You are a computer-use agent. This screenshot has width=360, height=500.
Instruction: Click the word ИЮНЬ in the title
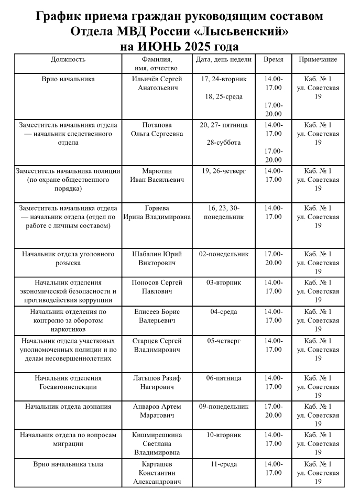[x=163, y=46]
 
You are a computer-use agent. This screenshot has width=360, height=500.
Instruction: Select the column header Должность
[x=68, y=60]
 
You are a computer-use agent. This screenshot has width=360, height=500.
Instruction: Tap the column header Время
[x=273, y=60]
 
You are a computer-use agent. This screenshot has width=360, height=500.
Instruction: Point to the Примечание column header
[x=318, y=60]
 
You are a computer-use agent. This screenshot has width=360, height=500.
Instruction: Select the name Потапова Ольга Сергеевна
[x=157, y=129]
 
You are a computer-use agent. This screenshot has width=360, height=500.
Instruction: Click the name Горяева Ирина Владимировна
[x=157, y=212]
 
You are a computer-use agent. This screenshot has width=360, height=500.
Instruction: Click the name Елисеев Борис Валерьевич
[x=157, y=316]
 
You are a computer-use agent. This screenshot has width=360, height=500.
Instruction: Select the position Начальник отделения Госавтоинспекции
[x=68, y=383]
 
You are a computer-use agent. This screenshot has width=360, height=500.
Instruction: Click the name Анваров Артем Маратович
[x=157, y=411]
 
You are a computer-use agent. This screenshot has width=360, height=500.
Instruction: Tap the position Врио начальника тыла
[x=68, y=464]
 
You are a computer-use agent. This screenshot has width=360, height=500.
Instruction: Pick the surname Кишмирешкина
[x=157, y=435]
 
